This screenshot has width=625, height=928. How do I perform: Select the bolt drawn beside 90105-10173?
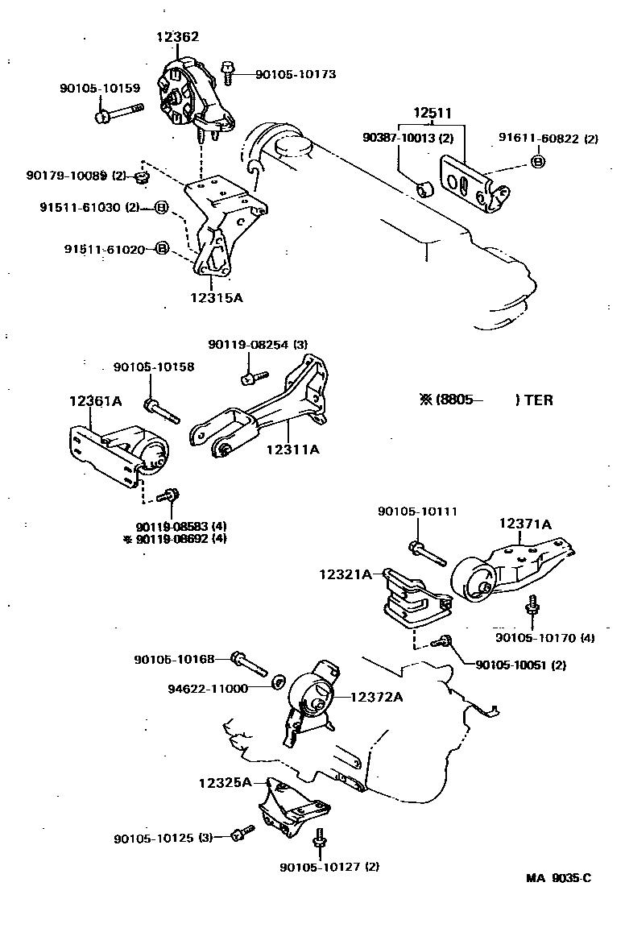click(229, 72)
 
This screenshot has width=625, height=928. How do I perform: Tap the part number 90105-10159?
click(99, 88)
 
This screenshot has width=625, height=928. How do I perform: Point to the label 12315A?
click(216, 297)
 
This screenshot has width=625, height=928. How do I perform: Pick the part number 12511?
click(433, 113)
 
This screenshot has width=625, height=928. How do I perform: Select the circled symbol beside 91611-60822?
click(537, 163)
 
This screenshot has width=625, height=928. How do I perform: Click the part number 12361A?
click(95, 400)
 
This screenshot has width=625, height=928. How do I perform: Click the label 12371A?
click(525, 524)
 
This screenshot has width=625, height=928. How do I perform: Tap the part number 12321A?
click(346, 574)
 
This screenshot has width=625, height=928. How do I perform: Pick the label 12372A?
click(375, 697)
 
